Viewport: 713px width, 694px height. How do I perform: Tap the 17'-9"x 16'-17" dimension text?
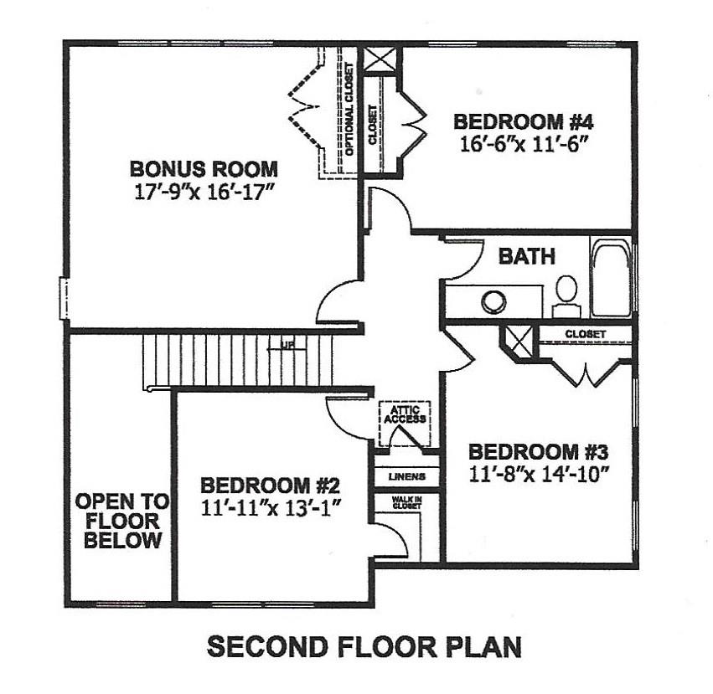[205, 192]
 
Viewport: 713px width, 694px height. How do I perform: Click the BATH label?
[527, 256]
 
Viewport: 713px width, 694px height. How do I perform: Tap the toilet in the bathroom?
[566, 292]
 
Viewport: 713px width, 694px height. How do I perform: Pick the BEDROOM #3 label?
[537, 452]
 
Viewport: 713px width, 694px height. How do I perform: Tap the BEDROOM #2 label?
[270, 485]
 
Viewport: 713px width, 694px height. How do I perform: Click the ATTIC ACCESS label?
[406, 414]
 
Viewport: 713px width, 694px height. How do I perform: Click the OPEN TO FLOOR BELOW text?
[121, 521]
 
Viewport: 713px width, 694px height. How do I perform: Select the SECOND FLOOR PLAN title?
[364, 647]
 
